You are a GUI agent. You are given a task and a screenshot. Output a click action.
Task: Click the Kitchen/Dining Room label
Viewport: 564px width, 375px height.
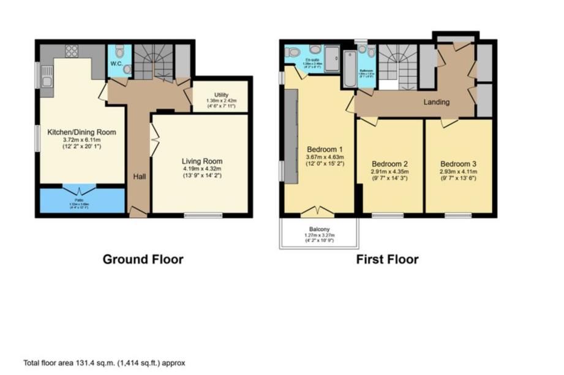[81, 132]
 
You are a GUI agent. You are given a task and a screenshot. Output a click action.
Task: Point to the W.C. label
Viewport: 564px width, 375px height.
[117, 63]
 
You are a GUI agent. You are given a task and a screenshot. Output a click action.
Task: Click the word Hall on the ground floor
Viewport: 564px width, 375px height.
[140, 177]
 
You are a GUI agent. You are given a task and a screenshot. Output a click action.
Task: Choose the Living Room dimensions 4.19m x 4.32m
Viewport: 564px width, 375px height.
[201, 169]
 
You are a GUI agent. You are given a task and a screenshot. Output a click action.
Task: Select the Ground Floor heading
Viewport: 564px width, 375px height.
[143, 259]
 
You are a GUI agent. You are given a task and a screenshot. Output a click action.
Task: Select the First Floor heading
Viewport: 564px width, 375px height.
[388, 259]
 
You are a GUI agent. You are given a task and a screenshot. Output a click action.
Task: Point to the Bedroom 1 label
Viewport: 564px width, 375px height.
[323, 149]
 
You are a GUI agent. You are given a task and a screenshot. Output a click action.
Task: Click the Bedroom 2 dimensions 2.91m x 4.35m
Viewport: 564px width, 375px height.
[390, 171]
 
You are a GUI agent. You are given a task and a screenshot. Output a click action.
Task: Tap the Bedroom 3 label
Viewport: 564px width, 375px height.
[458, 163]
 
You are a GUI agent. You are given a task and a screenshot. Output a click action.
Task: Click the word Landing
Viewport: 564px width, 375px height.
[437, 102]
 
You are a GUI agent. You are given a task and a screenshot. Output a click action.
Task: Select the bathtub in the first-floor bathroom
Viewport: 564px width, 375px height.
[349, 69]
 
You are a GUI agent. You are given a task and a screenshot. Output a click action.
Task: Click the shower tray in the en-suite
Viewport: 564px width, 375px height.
[333, 59]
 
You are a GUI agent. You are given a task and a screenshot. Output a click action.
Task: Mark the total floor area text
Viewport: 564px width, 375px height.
[104, 362]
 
